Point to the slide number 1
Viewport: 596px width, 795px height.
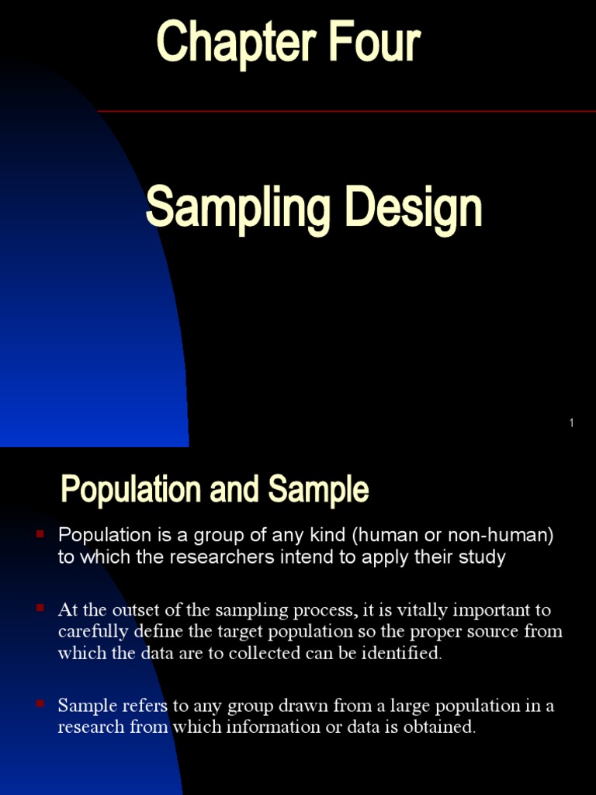tap(571, 423)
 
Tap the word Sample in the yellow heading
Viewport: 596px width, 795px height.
tap(318, 491)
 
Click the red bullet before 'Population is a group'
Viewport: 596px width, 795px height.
tap(40, 533)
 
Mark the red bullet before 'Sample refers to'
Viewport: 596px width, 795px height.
tap(40, 703)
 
